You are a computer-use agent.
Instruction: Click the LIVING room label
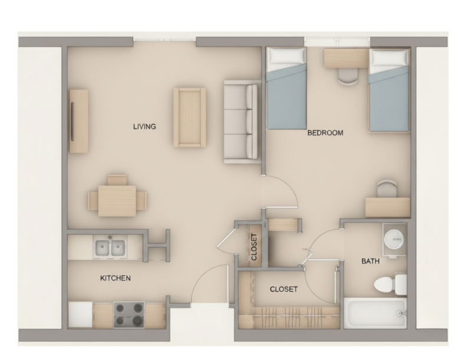(x=144, y=126)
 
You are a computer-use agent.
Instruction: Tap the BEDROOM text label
(x=325, y=133)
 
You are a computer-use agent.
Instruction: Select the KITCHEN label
(x=115, y=278)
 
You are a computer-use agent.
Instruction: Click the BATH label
(x=370, y=261)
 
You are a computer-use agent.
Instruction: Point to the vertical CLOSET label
(x=254, y=247)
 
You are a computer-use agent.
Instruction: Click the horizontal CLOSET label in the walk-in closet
(x=283, y=289)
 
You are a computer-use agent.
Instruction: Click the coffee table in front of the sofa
(x=189, y=117)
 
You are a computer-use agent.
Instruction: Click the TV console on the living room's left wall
(x=78, y=121)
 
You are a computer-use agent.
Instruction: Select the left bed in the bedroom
(x=287, y=88)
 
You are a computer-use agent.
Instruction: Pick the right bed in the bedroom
(x=389, y=90)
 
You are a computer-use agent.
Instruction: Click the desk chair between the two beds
(x=348, y=74)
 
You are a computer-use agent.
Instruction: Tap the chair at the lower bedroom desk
(x=386, y=189)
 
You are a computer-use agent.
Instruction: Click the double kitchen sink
(x=111, y=248)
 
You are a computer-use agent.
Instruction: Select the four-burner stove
(x=129, y=314)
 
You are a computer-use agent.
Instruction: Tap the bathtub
(x=375, y=313)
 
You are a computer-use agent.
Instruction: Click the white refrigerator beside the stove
(x=80, y=314)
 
